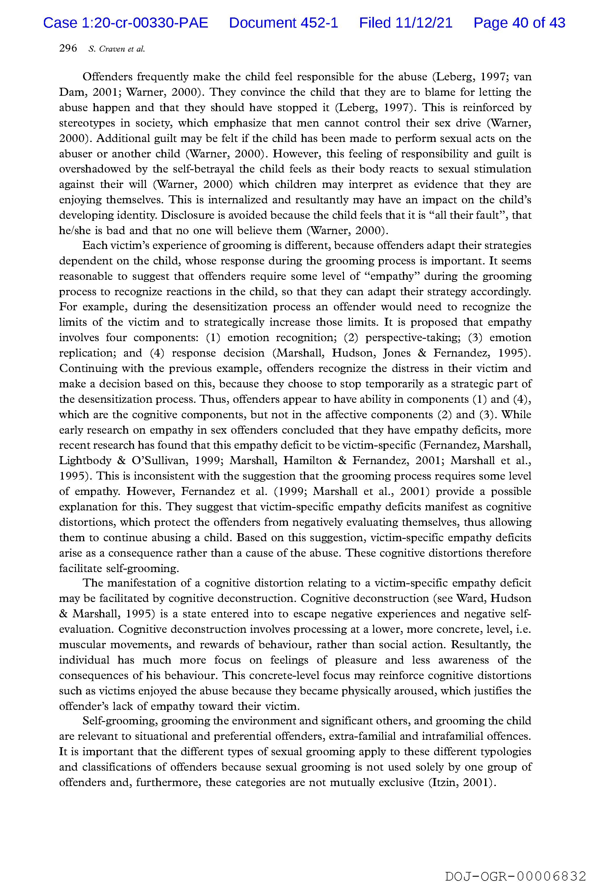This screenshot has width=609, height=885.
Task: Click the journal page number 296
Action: (x=68, y=48)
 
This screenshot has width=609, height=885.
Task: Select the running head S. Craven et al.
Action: (x=117, y=49)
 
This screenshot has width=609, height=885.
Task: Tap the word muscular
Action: (x=81, y=645)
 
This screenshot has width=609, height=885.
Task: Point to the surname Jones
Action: (x=396, y=353)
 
